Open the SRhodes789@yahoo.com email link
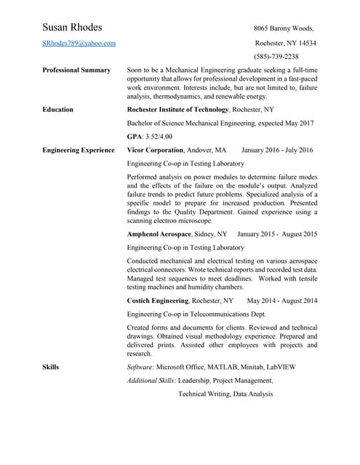(79, 44)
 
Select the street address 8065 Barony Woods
(284, 28)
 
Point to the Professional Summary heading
(76, 70)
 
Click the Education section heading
(57, 110)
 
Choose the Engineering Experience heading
(79, 150)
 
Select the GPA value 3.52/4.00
(159, 137)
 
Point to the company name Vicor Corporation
(155, 150)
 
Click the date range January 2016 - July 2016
(277, 150)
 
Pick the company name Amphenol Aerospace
(159, 235)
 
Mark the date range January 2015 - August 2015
(277, 235)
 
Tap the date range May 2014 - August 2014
(282, 300)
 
